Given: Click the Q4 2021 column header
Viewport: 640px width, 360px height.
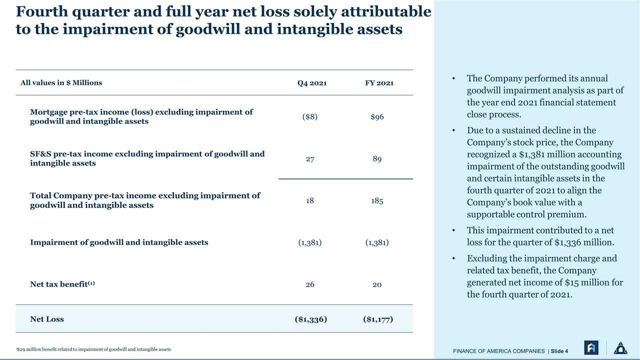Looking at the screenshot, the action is pyautogui.click(x=311, y=83).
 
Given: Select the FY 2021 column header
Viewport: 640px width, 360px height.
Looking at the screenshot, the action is pyautogui.click(x=379, y=83).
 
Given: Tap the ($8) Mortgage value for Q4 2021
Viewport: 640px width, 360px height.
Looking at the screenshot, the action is pyautogui.click(x=310, y=116).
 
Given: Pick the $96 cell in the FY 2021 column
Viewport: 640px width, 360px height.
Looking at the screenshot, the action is pyautogui.click(x=377, y=116).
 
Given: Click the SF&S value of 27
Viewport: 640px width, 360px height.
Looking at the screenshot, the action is pyautogui.click(x=310, y=159).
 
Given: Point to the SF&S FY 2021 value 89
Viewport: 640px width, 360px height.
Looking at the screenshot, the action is pyautogui.click(x=377, y=159).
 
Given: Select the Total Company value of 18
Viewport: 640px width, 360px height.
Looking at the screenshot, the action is pyautogui.click(x=310, y=200).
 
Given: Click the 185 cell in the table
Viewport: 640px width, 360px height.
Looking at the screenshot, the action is pyautogui.click(x=377, y=200).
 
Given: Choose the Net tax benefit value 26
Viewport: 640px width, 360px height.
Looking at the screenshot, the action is pyautogui.click(x=310, y=284).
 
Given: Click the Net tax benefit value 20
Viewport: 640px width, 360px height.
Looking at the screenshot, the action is pyautogui.click(x=377, y=284).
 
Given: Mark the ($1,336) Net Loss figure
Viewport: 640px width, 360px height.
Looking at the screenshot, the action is pyautogui.click(x=311, y=319).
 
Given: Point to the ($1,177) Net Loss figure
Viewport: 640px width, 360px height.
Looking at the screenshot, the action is pyautogui.click(x=378, y=319).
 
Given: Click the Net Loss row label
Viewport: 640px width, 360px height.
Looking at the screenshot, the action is pyautogui.click(x=47, y=319).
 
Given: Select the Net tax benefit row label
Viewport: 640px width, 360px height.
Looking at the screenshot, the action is pyautogui.click(x=62, y=284).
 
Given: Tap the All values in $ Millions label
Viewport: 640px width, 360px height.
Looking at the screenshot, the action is pyautogui.click(x=61, y=82).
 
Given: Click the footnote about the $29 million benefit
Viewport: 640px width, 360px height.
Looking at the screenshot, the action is pyautogui.click(x=93, y=349).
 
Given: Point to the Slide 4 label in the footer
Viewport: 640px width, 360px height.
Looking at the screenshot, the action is pyautogui.click(x=559, y=351).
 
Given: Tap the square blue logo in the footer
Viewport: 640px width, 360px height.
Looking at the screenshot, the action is pyautogui.click(x=591, y=347).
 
